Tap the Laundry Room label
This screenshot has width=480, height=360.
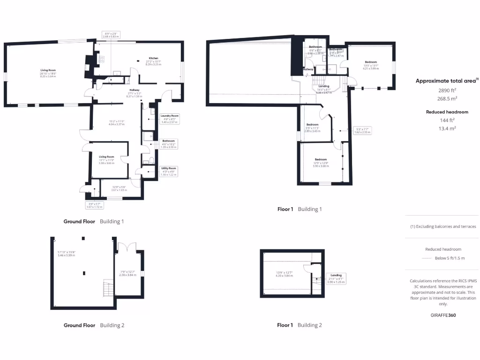pyautogui.click(x=169, y=115)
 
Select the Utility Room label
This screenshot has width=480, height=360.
pyautogui.click(x=169, y=168)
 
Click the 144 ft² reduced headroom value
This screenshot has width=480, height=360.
pyautogui.click(x=447, y=120)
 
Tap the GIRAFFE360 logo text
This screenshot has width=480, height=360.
pyautogui.click(x=443, y=315)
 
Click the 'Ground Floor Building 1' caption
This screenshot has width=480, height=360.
pyautogui.click(x=94, y=221)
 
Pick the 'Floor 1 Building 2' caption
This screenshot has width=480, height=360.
pyautogui.click(x=300, y=325)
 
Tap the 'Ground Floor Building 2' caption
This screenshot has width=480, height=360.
pyautogui.click(x=94, y=325)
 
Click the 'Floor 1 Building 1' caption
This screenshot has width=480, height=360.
pyautogui.click(x=300, y=209)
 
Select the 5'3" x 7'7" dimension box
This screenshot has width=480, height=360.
pyautogui.click(x=364, y=131)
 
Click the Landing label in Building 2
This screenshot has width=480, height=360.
pyautogui.click(x=336, y=275)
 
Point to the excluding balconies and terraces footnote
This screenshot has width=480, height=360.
pyautogui.click(x=443, y=226)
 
